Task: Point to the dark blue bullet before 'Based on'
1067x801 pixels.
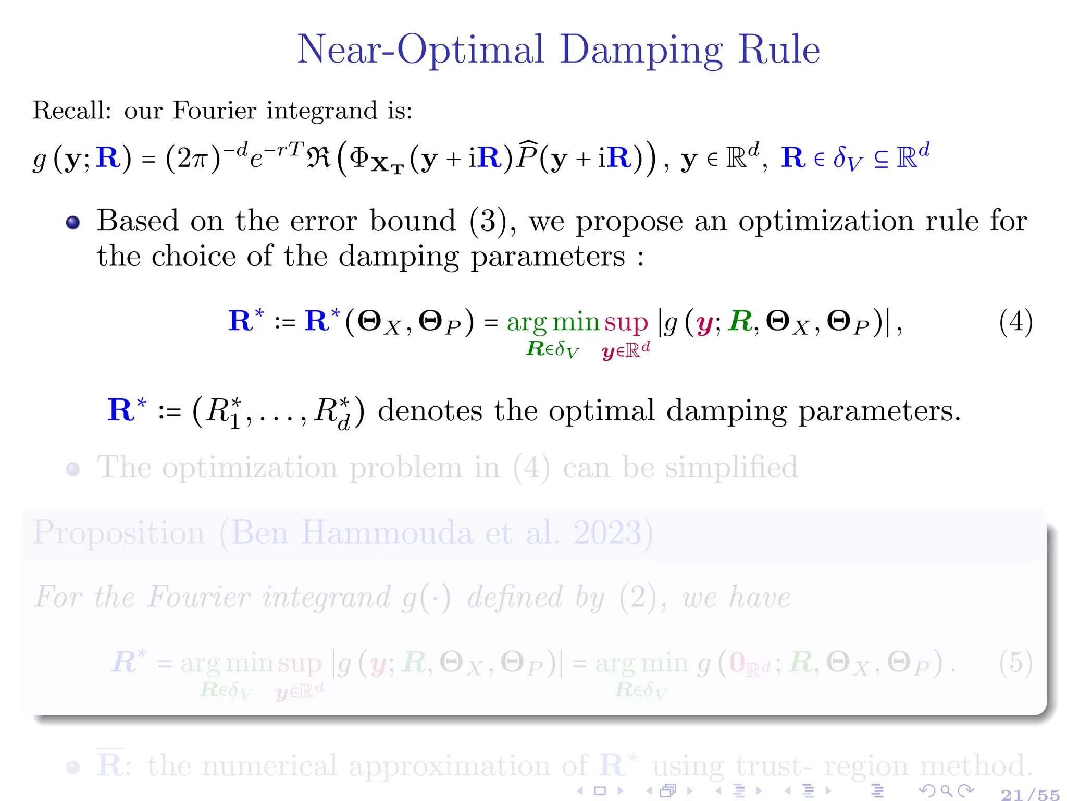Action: pyautogui.click(x=73, y=223)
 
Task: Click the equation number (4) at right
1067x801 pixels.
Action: pyautogui.click(x=1015, y=322)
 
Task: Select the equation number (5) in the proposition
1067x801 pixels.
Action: pyautogui.click(x=1015, y=663)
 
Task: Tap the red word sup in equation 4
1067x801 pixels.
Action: pyautogui.click(x=626, y=322)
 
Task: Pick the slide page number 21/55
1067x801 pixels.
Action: pyautogui.click(x=1030, y=794)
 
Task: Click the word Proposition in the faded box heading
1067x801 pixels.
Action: pyautogui.click(x=119, y=533)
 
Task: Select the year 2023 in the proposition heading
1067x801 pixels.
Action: pyautogui.click(x=607, y=533)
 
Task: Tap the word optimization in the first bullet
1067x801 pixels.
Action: pyautogui.click(x=826, y=222)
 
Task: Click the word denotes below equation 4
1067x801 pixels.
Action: pyautogui.click(x=430, y=411)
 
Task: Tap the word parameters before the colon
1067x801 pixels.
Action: pyautogui.click(x=548, y=257)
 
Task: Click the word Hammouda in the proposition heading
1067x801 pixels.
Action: pyautogui.click(x=387, y=533)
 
